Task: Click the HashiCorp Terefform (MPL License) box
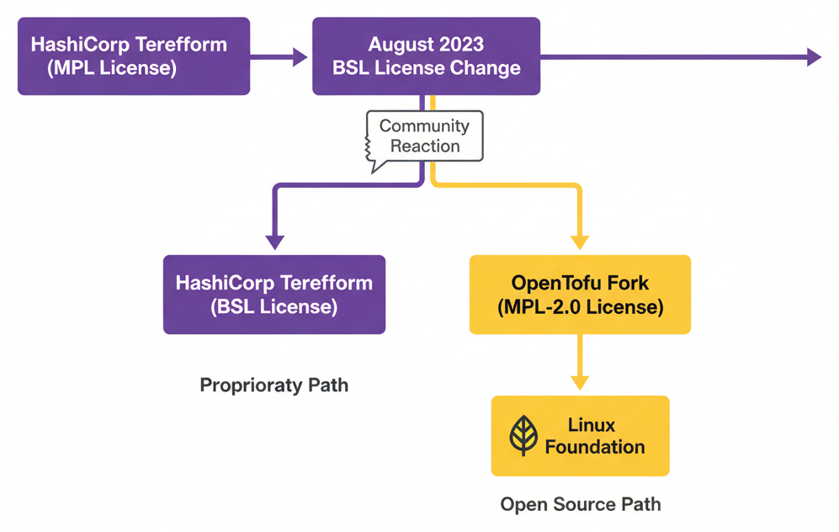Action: pos(133,56)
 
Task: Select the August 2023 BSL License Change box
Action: pos(426,56)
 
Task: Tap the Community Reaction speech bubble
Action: pos(425,136)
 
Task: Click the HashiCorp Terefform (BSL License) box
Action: pos(273,295)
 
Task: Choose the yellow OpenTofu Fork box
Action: pos(579,295)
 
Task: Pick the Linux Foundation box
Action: pos(580,436)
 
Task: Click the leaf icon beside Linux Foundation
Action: pos(523,436)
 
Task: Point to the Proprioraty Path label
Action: pos(273,386)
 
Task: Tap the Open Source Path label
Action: pos(580,504)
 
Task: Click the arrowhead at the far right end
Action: pos(814,57)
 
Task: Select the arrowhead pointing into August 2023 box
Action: pos(300,57)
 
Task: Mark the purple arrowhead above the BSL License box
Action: pos(274,242)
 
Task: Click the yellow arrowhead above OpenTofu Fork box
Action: pos(580,242)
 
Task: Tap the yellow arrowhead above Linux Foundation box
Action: pos(580,382)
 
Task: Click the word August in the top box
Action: pos(399,45)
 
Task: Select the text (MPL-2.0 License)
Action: pos(580,307)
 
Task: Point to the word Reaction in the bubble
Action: pos(425,146)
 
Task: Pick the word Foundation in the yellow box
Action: pos(594,447)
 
